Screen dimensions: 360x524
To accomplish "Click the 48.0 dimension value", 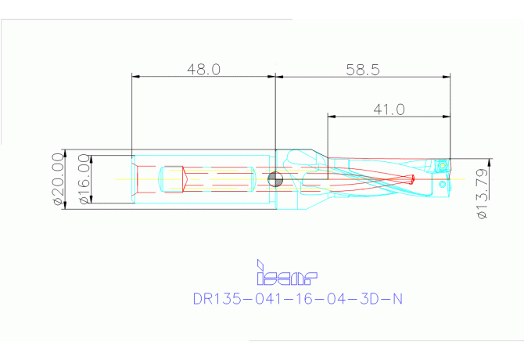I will pyautogui.click(x=203, y=69).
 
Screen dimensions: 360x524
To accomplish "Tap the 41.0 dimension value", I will pyautogui.click(x=389, y=110).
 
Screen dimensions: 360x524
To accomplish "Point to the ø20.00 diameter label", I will pyautogui.click(x=57, y=179).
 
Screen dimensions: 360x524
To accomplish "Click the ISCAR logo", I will pyautogui.click(x=286, y=274).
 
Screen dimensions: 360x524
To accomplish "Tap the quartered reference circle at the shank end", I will pyautogui.click(x=275, y=180).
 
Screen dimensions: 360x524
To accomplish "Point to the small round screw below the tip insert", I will pyautogui.click(x=443, y=185).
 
